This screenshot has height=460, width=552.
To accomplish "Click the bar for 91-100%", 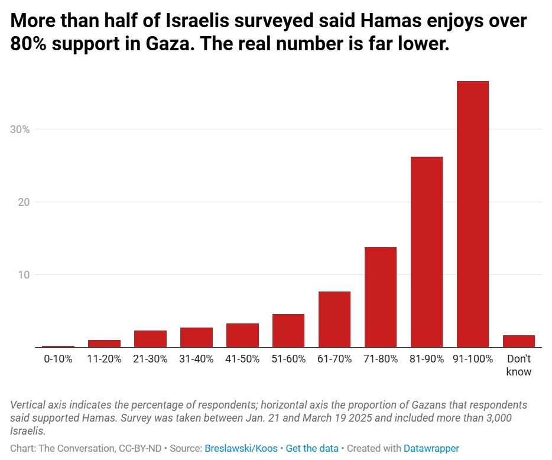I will [472, 214].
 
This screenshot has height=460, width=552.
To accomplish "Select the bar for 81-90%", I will [426, 252].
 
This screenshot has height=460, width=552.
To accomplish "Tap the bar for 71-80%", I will [380, 297].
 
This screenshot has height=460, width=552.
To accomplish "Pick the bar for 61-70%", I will [334, 319].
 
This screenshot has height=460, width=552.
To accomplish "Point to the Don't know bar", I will [518, 341].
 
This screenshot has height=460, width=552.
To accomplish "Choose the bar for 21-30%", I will [150, 339].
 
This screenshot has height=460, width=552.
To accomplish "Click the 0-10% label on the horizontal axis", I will [58, 359].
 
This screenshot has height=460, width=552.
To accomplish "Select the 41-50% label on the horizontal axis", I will [242, 359].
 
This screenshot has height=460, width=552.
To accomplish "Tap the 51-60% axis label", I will [288, 359].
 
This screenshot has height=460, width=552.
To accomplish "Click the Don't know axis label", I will [518, 365].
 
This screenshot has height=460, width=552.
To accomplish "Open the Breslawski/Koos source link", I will [242, 449].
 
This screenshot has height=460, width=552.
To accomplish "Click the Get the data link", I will [311, 449].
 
